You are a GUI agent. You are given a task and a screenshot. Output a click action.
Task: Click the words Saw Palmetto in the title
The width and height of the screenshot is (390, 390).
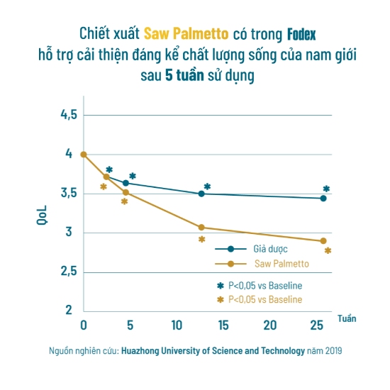click(x=186, y=34)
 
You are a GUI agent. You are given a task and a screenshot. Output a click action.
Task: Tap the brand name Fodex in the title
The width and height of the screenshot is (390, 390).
click(x=301, y=34)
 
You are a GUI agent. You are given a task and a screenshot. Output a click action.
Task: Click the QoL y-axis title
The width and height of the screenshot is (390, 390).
click(x=41, y=213)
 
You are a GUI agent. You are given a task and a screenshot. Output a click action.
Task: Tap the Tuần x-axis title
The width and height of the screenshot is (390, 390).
click(x=346, y=318)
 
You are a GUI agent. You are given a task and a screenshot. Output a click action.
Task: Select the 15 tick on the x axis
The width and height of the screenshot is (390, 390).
click(x=223, y=325)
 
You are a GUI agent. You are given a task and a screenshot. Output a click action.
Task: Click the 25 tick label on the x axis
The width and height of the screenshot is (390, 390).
click(x=316, y=325)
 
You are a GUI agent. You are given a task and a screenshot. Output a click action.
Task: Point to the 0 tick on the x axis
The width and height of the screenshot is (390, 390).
click(x=84, y=325)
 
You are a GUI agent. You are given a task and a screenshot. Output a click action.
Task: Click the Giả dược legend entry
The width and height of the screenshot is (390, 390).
click(x=269, y=249)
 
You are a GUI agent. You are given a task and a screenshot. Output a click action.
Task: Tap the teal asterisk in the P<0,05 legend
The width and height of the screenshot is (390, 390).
click(x=220, y=285)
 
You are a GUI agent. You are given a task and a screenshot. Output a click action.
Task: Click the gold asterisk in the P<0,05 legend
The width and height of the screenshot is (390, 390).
click(x=220, y=300)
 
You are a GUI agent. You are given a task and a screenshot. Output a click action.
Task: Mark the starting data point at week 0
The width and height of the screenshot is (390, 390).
click(x=84, y=155)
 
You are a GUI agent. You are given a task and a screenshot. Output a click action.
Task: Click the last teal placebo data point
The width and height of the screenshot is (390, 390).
click(x=323, y=199)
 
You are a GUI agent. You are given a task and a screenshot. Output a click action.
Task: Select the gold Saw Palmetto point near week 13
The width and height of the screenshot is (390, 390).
click(x=201, y=228)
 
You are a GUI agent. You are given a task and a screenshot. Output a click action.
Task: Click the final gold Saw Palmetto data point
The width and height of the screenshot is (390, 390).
click(x=323, y=241)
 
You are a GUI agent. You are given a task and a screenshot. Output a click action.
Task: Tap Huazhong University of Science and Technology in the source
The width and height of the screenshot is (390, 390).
click(x=213, y=351)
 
